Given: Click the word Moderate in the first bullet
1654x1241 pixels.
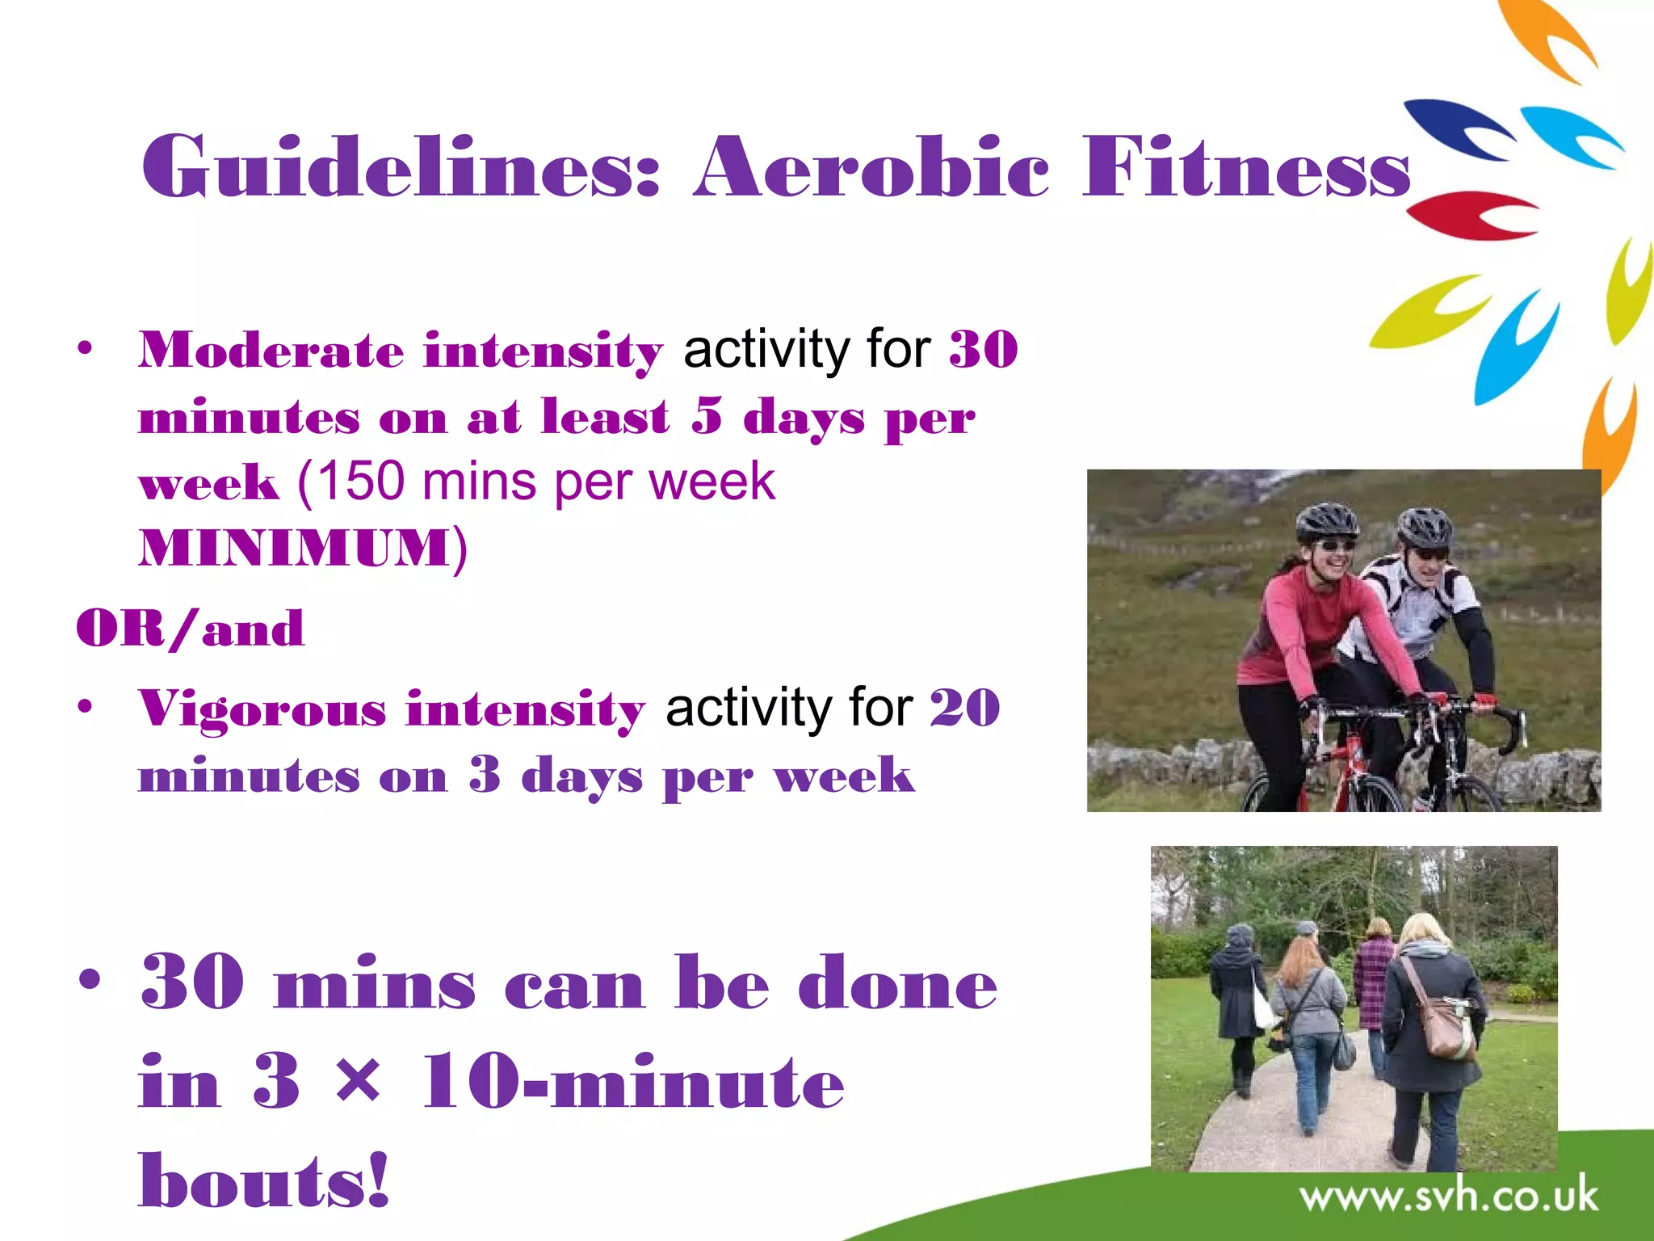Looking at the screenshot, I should click(270, 350).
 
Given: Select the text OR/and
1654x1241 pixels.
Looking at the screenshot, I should click(191, 629).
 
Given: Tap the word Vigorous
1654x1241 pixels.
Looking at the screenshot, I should click(262, 709).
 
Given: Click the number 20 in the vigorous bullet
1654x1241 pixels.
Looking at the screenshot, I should click(965, 709).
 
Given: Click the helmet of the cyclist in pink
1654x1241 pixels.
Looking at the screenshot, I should click(1326, 521).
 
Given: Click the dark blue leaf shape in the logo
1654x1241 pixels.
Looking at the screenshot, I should click(1454, 125).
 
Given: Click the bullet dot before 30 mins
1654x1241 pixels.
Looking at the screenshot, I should click(90, 980).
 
